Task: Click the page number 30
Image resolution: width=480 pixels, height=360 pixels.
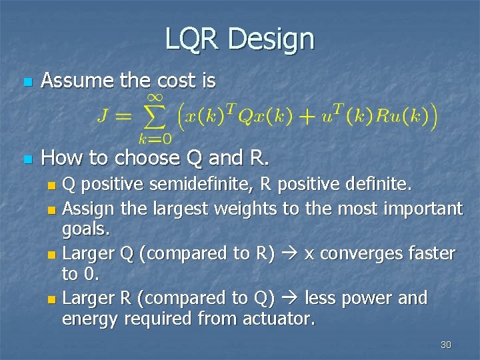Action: pos(446,345)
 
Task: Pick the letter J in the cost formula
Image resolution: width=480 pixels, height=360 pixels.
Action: pos(104,118)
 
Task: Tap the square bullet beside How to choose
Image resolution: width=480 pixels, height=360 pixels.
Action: pos(27,160)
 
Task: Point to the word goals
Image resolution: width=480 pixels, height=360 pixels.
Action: pos(86,230)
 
